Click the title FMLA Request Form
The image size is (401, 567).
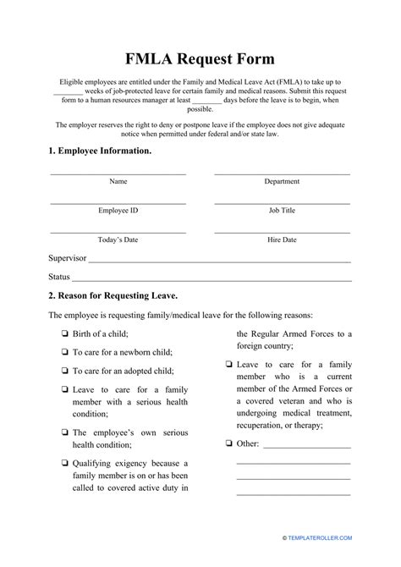pos(200,58)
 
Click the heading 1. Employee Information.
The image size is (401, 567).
pos(100,151)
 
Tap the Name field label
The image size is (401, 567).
pos(118,181)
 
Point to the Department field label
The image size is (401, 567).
pos(282,181)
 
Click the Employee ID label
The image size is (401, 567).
pos(118,210)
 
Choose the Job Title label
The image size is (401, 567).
pos(282,210)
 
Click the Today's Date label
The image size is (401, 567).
pos(118,239)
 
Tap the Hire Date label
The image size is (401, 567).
pos(282,239)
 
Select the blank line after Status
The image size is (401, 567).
pos(211,279)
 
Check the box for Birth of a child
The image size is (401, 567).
pos(65,333)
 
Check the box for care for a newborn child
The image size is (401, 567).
pos(65,351)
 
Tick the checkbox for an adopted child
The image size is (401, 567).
pos(65,371)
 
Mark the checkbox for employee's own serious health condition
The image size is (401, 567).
pos(65,432)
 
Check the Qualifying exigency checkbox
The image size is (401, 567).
pos(65,463)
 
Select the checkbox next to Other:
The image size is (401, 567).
pos(229,443)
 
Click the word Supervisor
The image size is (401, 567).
pos(68,258)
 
